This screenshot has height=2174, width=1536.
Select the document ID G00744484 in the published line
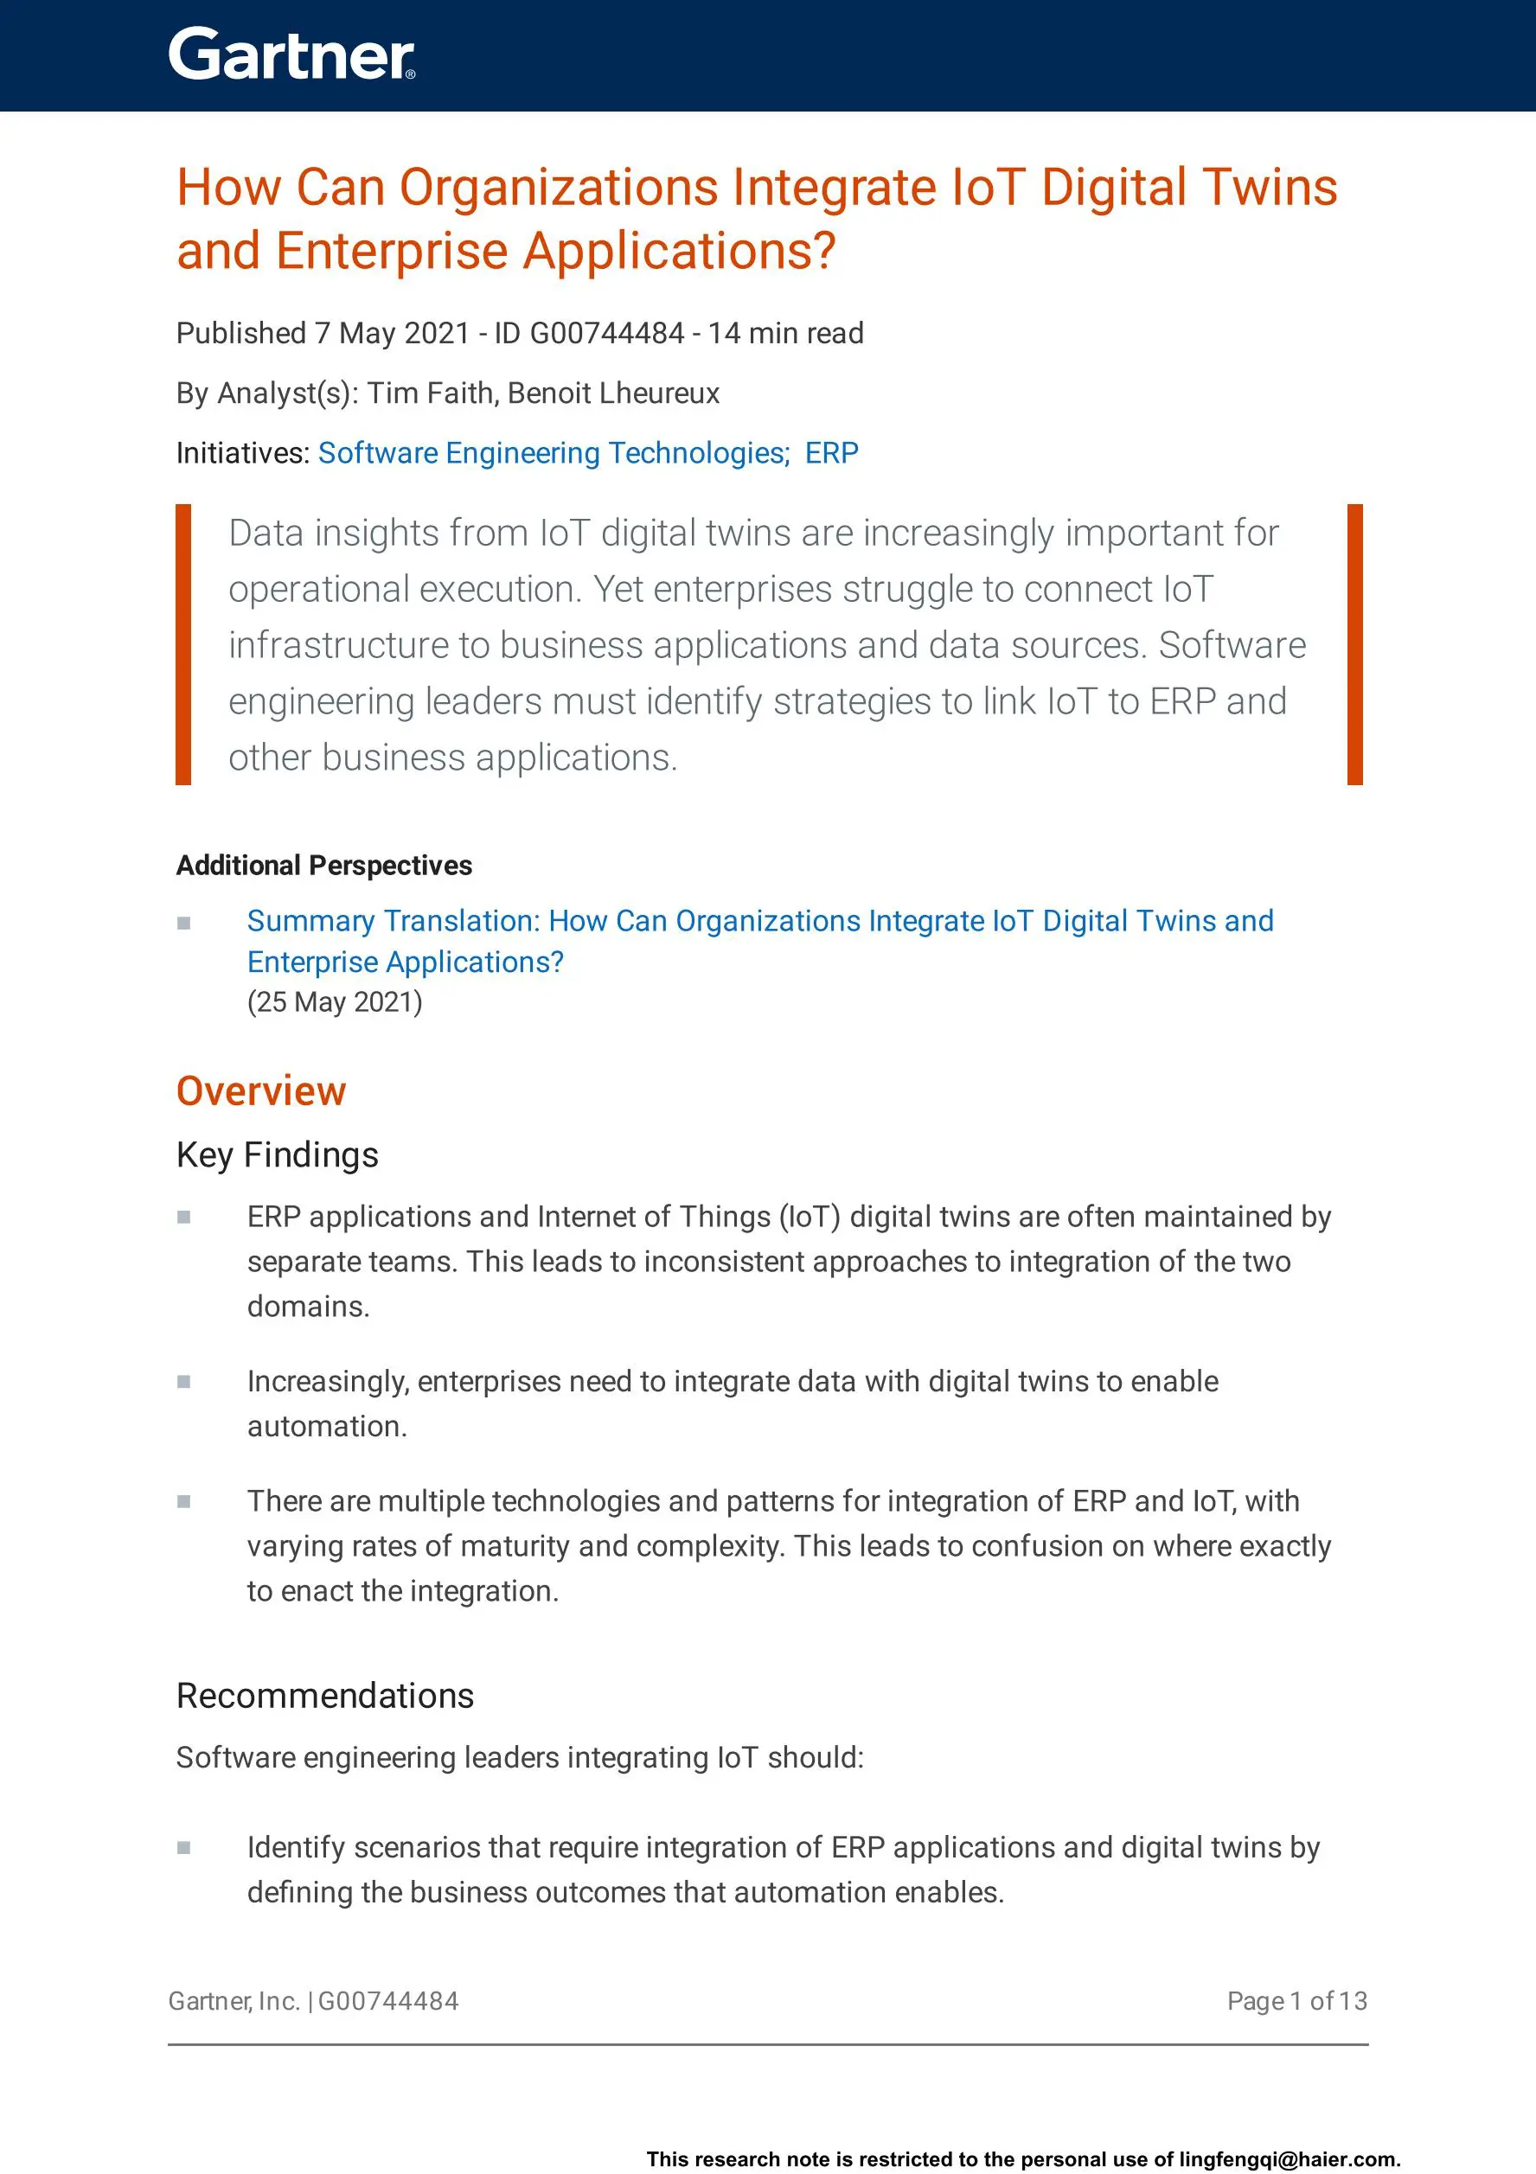click(606, 333)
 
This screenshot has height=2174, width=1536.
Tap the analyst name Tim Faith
click(430, 393)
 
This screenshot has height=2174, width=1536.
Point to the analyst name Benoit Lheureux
click(614, 393)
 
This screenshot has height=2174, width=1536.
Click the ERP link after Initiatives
click(831, 453)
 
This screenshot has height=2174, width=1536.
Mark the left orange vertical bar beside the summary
click(183, 644)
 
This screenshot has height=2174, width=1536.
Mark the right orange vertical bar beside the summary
click(1354, 644)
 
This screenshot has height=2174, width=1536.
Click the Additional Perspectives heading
click(323, 866)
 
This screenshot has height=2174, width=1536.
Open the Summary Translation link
click(759, 921)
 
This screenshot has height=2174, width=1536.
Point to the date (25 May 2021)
click(335, 1001)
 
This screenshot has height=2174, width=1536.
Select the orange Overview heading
click(261, 1091)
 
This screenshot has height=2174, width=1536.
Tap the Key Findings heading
click(278, 1155)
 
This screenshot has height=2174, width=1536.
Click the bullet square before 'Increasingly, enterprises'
click(183, 1383)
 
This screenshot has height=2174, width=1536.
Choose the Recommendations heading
click(325, 1696)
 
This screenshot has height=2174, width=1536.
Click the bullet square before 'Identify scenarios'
click(183, 1847)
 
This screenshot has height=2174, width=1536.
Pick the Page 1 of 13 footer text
click(1296, 2001)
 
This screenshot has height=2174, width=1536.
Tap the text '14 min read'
click(786, 333)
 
